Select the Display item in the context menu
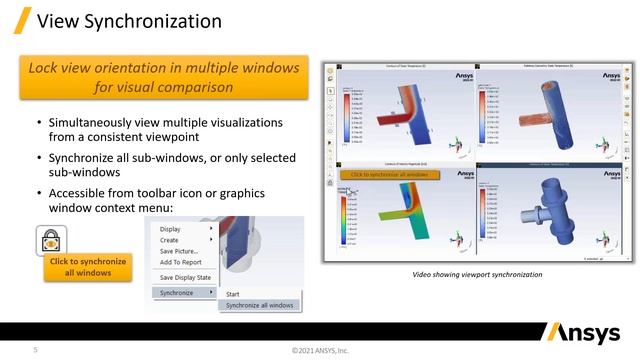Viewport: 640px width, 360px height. click(x=173, y=228)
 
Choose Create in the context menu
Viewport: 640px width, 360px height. click(x=170, y=240)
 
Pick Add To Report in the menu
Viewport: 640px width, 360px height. click(x=181, y=262)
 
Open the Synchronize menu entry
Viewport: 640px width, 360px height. click(x=177, y=292)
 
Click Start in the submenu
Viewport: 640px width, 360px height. click(x=232, y=294)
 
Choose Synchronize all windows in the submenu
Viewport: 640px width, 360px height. click(x=259, y=305)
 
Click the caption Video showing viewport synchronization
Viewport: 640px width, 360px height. click(x=477, y=274)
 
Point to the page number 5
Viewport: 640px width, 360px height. click(x=36, y=350)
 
